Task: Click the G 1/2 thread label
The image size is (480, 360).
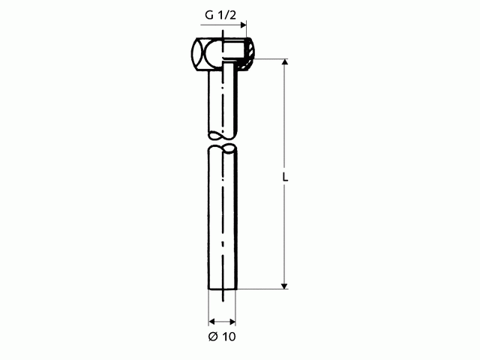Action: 220,15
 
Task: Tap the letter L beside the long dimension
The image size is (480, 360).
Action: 285,177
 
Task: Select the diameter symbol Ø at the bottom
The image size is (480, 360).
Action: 213,337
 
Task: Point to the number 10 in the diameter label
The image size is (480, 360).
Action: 229,337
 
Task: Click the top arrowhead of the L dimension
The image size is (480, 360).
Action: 285,61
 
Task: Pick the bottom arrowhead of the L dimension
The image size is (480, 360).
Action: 285,286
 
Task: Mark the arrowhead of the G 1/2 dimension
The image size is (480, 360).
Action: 243,25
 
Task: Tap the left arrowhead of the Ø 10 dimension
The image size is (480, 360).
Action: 211,322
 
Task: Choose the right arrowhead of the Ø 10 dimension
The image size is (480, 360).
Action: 232,322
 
